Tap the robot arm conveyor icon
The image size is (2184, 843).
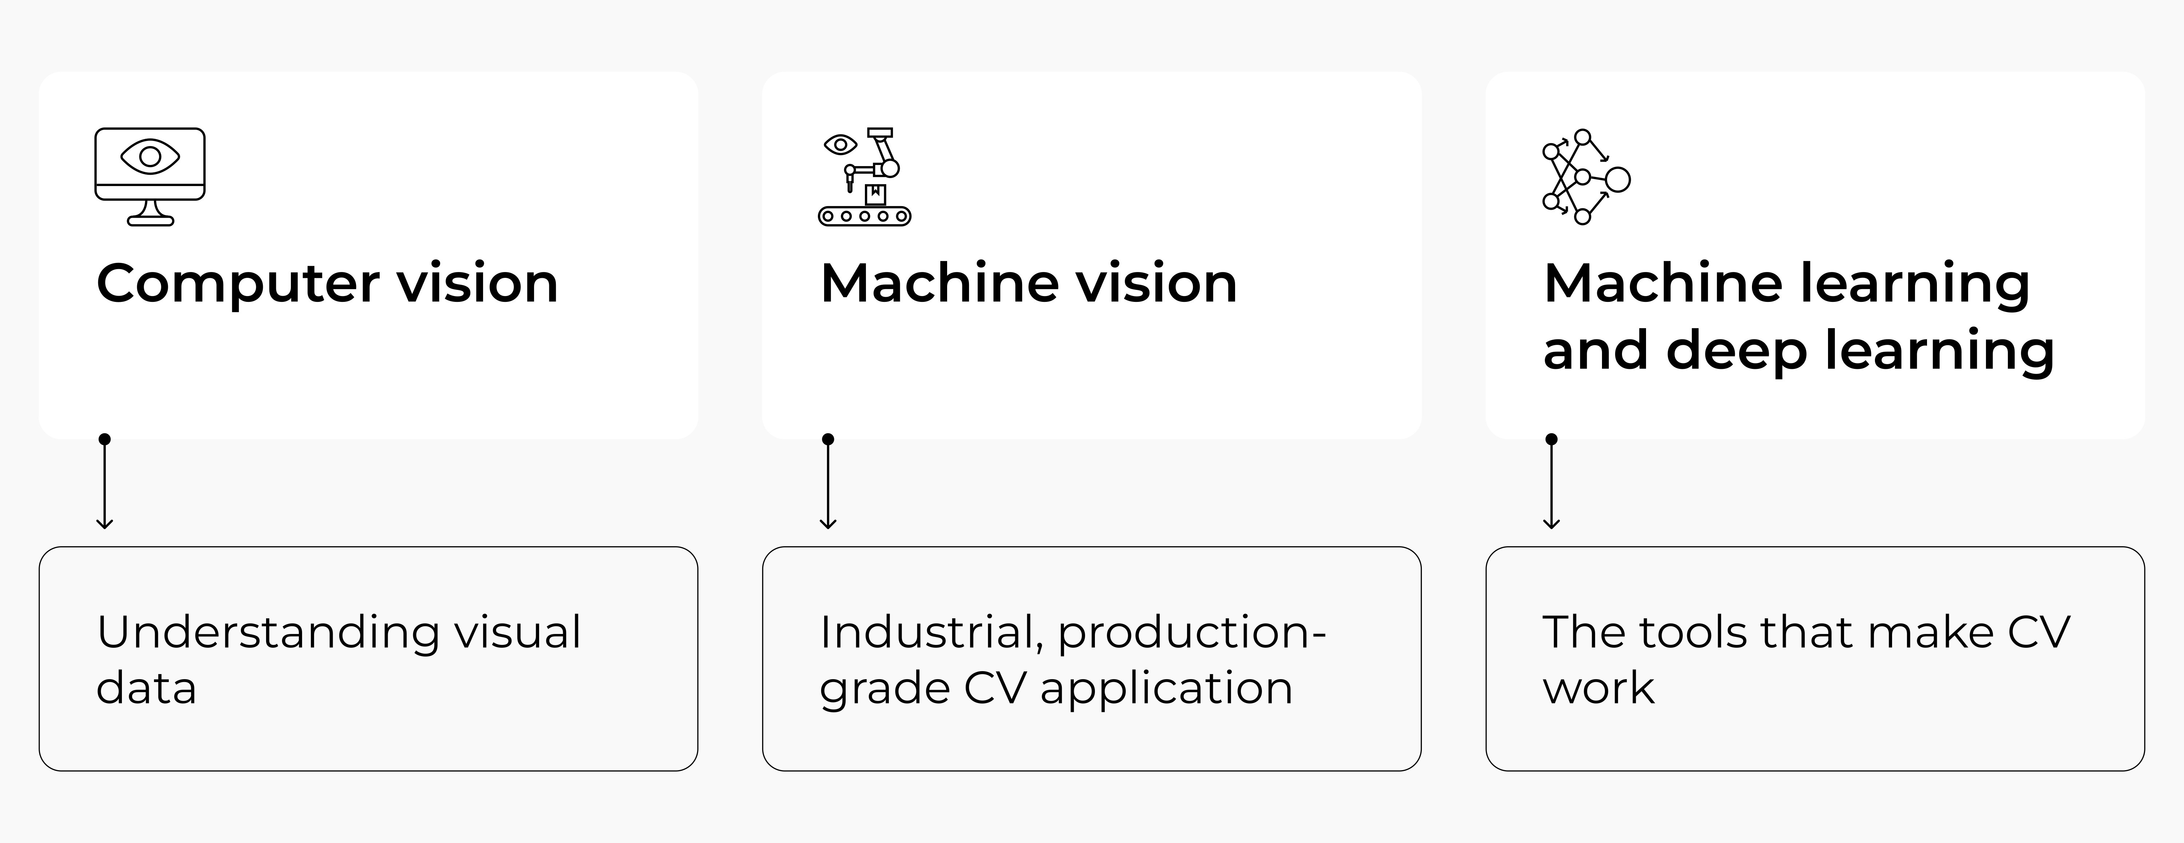864,176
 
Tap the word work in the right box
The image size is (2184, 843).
1598,688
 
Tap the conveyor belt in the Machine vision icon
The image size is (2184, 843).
864,216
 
